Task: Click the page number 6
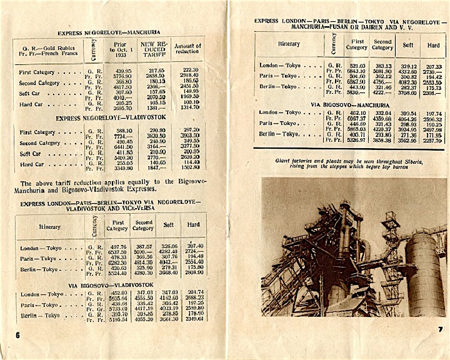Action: pos(17,335)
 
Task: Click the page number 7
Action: pos(440,329)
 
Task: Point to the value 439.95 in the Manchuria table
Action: pos(121,71)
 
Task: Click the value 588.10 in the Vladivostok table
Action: pos(121,129)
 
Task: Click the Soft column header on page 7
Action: pos(407,44)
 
